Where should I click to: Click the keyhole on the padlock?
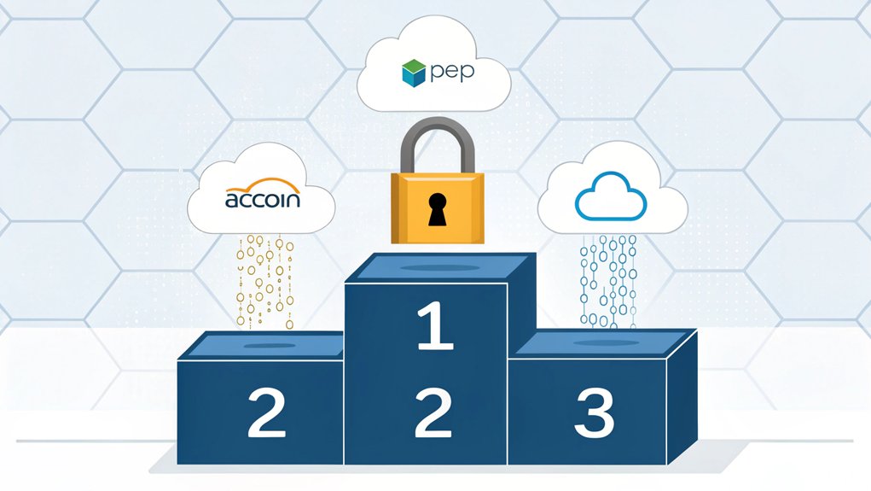point(437,210)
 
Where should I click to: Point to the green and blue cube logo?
point(412,73)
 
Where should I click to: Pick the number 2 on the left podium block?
point(265,413)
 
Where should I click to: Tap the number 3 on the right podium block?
point(594,413)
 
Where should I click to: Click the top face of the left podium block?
point(260,345)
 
